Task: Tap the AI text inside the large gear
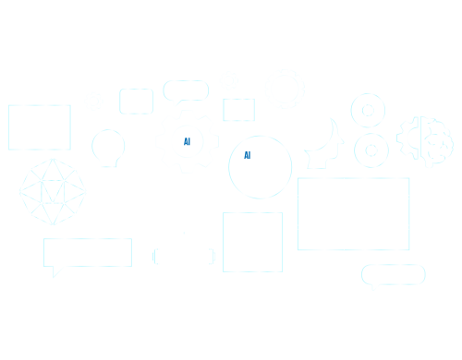187,142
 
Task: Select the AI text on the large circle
248,155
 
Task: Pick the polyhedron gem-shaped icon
53,191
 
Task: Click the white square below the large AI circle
252,242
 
